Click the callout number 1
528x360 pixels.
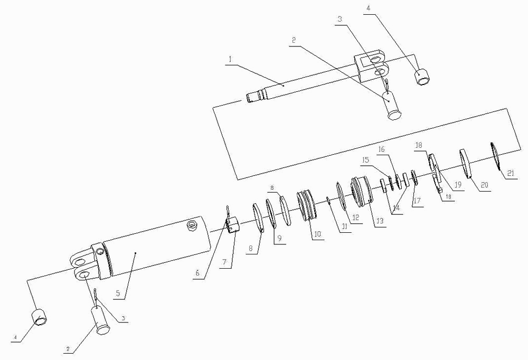click(230, 60)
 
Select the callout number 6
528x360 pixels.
click(197, 273)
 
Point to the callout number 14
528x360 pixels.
click(397, 208)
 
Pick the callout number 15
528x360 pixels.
click(366, 159)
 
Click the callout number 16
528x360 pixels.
click(382, 149)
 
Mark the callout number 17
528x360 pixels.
click(417, 201)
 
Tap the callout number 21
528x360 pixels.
click(511, 174)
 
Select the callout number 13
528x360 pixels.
click(380, 221)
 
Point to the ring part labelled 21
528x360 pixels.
click(496, 157)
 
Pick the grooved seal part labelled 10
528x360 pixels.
click(307, 205)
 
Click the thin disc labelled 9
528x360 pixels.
click(271, 213)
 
